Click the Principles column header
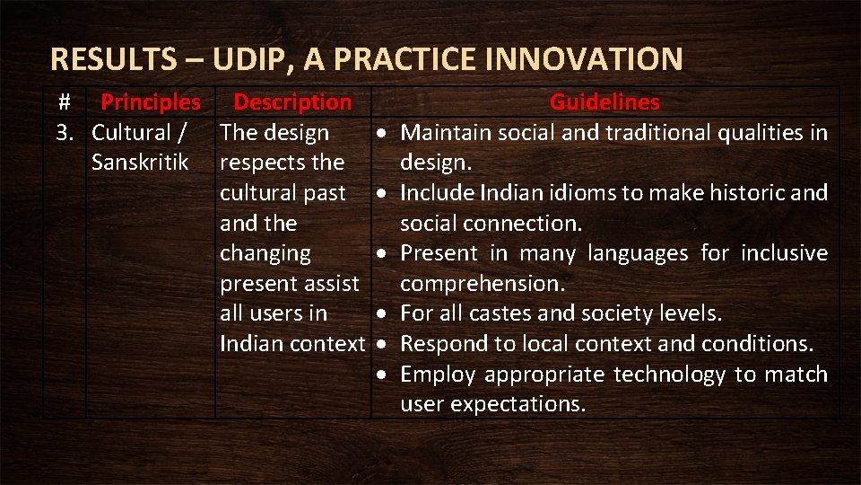tap(150, 102)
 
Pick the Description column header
tap(292, 102)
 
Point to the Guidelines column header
tap(604, 102)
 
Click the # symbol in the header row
tap(64, 102)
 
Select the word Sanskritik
tap(140, 163)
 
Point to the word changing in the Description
tap(265, 253)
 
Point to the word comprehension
tap(482, 284)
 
